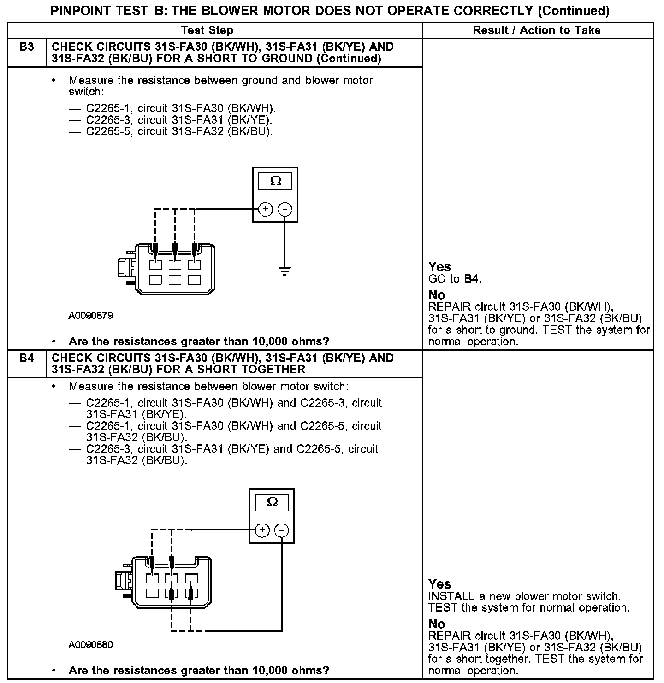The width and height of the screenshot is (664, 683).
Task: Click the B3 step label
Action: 27,47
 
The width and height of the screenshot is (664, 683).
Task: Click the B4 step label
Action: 27,358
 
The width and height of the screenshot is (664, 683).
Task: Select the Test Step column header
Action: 207,30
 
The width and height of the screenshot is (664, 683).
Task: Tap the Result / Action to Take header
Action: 537,30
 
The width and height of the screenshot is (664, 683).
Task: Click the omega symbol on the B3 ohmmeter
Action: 275,181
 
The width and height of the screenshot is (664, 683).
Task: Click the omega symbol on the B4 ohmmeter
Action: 272,502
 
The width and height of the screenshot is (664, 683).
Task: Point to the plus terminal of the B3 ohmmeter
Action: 265,210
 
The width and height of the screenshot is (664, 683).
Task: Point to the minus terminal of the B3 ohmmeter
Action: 285,210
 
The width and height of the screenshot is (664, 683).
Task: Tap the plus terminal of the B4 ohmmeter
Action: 262,530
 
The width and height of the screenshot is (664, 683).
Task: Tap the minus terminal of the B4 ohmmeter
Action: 281,530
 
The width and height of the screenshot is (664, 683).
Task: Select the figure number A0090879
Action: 91,316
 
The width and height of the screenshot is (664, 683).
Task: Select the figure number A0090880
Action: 91,645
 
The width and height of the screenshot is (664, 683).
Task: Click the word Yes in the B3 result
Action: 439,266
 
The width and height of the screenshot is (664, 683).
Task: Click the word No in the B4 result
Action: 436,624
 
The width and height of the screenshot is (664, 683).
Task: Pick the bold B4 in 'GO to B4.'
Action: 472,279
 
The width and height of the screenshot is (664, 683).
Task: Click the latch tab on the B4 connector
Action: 123,581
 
